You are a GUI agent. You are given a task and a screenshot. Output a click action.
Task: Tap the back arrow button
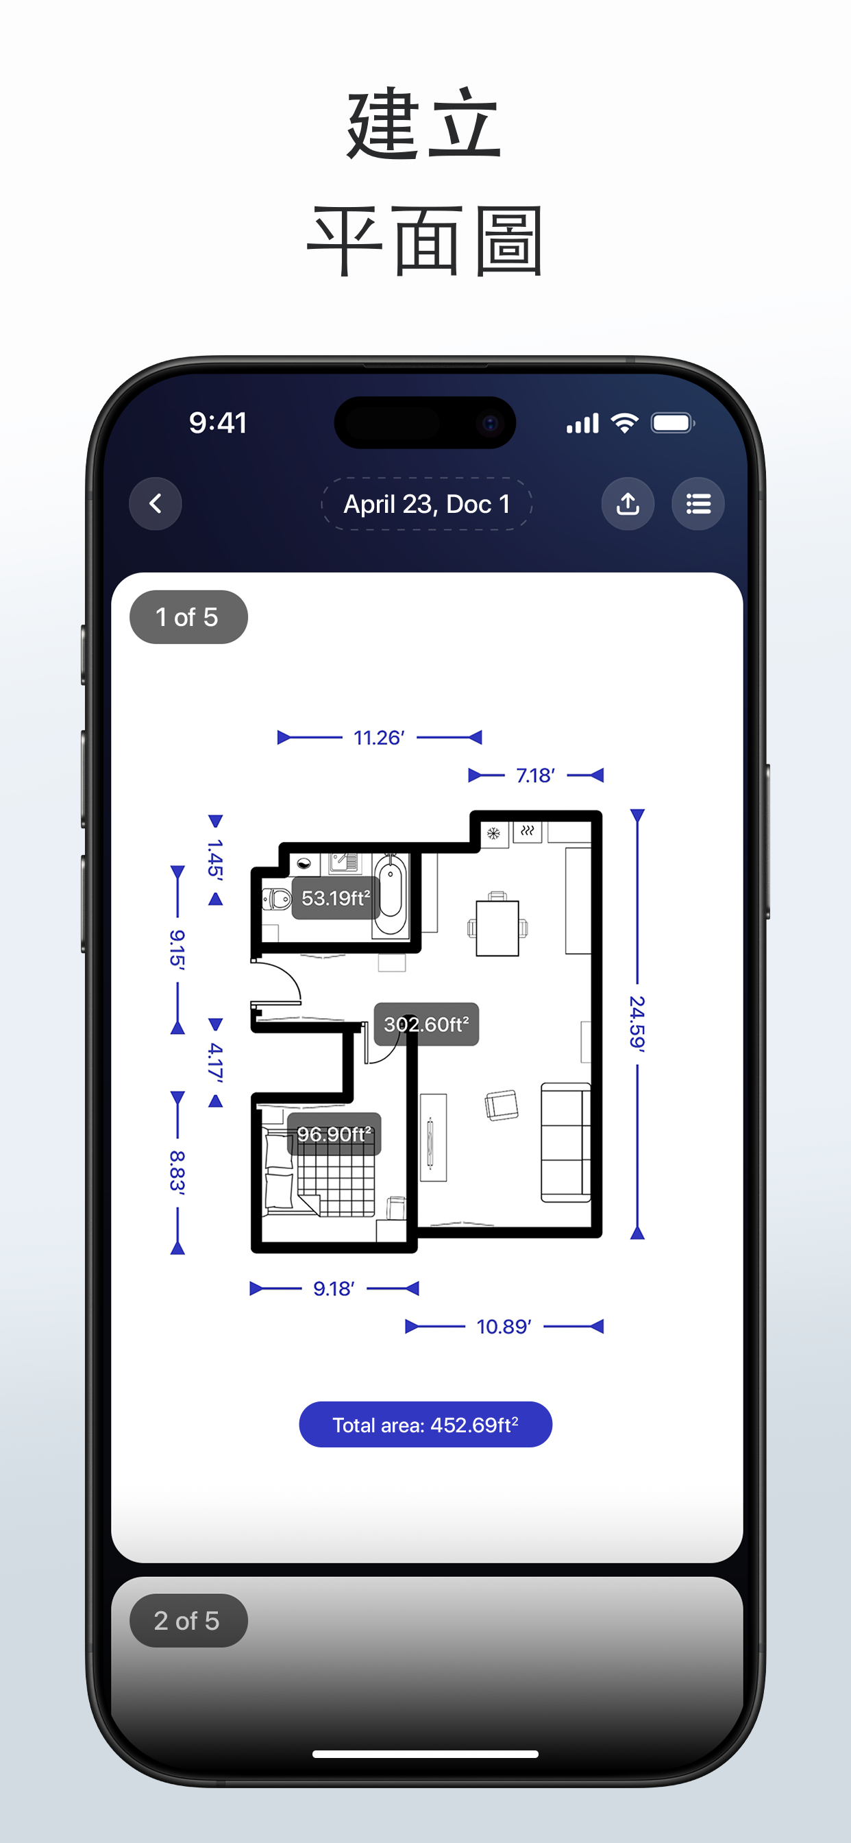coord(155,504)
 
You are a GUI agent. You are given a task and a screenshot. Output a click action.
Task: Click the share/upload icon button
coord(628,504)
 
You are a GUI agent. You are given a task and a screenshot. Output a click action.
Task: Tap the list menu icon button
coord(698,504)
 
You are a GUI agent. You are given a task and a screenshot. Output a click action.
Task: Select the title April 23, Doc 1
coord(427,504)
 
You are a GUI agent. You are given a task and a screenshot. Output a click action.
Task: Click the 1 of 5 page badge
coord(188,616)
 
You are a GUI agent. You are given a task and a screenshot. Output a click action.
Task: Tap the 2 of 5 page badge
coord(188,1620)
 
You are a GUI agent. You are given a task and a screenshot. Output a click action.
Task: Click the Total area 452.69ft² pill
coord(425,1425)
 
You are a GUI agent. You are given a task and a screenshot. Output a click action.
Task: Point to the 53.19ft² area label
coord(335,898)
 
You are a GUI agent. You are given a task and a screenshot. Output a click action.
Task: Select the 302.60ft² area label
coord(426,1024)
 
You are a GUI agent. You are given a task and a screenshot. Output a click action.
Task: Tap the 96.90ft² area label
coord(334,1134)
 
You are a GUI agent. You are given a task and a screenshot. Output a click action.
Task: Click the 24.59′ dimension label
coord(637,1022)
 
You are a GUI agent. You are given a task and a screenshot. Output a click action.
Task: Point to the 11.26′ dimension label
coord(379,738)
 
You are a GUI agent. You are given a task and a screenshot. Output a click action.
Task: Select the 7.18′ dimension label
coord(536,775)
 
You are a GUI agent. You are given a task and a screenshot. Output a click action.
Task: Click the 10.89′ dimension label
coord(504,1327)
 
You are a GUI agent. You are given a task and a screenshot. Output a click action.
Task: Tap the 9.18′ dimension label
coord(334,1288)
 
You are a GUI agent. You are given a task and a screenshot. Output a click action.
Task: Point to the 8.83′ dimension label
coord(177,1172)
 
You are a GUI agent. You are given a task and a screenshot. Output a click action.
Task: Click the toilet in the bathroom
coord(277,898)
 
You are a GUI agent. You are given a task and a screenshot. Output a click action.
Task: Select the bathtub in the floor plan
coord(390,895)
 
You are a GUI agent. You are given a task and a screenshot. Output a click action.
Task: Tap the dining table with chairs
coord(497,927)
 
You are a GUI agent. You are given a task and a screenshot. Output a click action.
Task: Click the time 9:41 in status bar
coord(218,423)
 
